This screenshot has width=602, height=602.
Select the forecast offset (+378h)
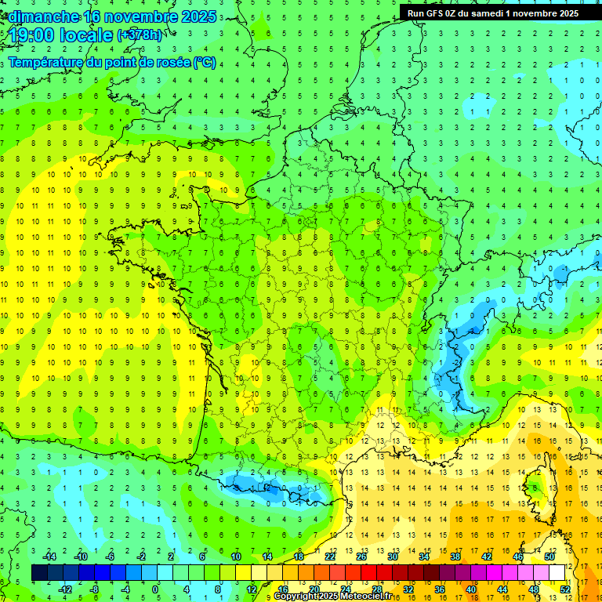pyautogui.click(x=140, y=35)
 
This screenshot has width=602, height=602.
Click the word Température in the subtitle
pyautogui.click(x=45, y=62)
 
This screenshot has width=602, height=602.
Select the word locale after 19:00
pyautogui.click(x=89, y=35)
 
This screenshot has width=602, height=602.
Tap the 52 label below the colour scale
pyautogui.click(x=565, y=589)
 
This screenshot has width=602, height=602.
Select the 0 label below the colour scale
pyautogui.click(x=156, y=589)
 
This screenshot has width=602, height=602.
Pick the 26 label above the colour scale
pyautogui.click(x=361, y=557)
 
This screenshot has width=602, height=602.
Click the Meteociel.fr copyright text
pyautogui.click(x=332, y=597)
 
